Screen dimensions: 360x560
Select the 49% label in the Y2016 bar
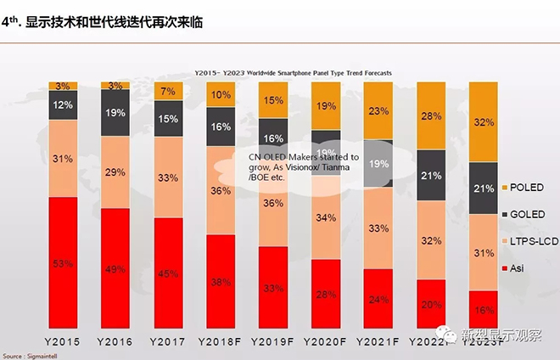[116, 269]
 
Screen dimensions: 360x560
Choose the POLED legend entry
[527, 188]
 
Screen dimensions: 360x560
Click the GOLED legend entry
[527, 215]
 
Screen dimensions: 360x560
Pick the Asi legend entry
[521, 268]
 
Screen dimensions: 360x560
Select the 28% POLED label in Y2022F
[431, 115]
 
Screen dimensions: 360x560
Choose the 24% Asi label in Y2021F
[378, 299]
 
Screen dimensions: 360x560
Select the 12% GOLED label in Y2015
[64, 105]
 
